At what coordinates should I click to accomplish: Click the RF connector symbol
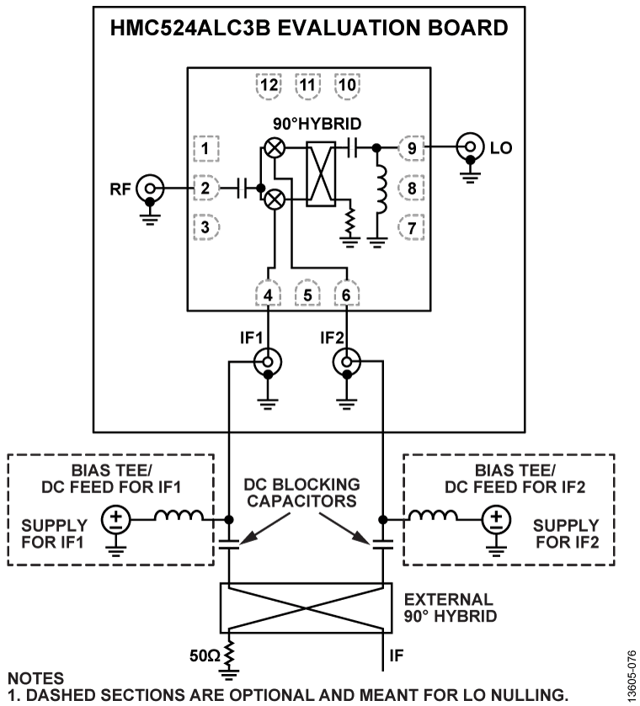[150, 187]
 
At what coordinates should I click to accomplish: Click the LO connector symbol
[468, 146]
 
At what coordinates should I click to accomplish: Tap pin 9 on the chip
[411, 146]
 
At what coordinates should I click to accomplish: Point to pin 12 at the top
[269, 84]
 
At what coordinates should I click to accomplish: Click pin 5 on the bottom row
[308, 295]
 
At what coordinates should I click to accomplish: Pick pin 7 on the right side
[411, 227]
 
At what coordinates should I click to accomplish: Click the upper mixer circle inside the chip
[275, 148]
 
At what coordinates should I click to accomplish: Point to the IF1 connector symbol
[268, 364]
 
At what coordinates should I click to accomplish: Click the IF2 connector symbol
[345, 364]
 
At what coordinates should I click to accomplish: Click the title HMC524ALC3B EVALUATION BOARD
[309, 28]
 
